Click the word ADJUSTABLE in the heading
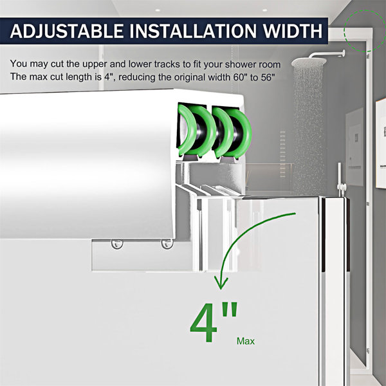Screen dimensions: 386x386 click(67, 31)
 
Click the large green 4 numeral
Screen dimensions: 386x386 click(203, 323)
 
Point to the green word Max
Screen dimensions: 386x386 click(246, 341)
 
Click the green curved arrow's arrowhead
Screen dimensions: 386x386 click(221, 283)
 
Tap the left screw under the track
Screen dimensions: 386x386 click(117, 244)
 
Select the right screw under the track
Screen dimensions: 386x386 click(167, 244)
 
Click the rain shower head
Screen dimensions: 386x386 click(309, 62)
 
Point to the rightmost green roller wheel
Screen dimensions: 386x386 click(239, 133)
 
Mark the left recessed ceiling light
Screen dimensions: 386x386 click(158, 10)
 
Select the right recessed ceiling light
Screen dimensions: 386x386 click(264, 10)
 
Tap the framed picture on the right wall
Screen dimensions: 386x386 click(381, 143)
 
